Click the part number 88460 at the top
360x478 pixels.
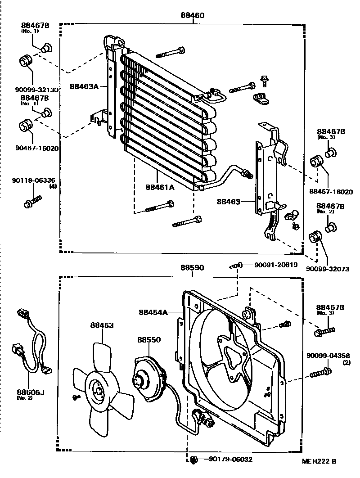(x=192, y=15)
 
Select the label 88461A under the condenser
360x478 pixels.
(x=160, y=187)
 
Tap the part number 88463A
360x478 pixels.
(x=84, y=86)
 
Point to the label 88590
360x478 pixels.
(x=192, y=268)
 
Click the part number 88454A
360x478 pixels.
(x=153, y=312)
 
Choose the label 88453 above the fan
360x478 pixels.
(x=102, y=325)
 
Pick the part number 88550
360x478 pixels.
(x=149, y=340)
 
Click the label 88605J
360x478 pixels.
(x=31, y=392)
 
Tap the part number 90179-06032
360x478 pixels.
(x=230, y=459)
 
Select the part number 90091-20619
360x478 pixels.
(x=276, y=265)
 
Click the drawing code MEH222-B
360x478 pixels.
(x=319, y=461)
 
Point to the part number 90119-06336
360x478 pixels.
(x=34, y=180)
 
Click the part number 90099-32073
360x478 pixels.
(x=328, y=269)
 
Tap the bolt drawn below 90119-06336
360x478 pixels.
(x=32, y=202)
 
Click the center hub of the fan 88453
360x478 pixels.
(x=98, y=391)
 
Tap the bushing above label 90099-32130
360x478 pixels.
(x=25, y=61)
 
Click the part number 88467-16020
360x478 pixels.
(x=331, y=191)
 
